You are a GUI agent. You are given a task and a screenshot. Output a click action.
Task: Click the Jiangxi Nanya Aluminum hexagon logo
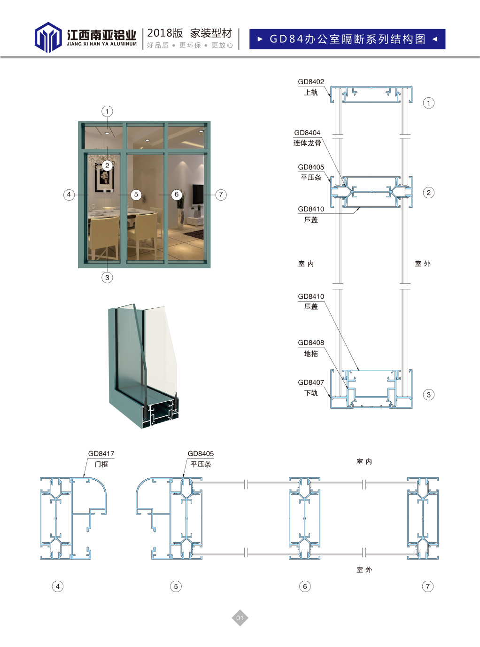click(x=48, y=37)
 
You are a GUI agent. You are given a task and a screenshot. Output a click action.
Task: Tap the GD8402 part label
click(x=311, y=82)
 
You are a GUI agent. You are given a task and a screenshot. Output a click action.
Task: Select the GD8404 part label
click(x=307, y=133)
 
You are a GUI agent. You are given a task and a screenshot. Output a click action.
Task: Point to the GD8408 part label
click(x=311, y=343)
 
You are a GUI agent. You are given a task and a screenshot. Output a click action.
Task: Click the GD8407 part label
click(x=311, y=382)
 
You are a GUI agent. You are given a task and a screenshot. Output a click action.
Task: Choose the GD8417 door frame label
click(x=101, y=454)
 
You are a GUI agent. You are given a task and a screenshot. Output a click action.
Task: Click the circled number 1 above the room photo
click(x=107, y=111)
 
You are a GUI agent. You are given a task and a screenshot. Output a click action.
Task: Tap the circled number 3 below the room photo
click(x=107, y=278)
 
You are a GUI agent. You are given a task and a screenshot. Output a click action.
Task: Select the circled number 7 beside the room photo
click(x=221, y=195)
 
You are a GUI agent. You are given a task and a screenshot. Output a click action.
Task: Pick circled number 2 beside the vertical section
click(x=428, y=193)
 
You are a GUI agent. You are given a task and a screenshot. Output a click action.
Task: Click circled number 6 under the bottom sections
click(x=305, y=586)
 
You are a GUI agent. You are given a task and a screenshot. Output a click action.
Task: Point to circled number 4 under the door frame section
click(x=58, y=586)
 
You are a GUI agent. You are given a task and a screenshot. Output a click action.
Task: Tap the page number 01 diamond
click(x=240, y=618)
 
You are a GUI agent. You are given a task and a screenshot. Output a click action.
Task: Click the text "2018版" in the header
click(x=165, y=33)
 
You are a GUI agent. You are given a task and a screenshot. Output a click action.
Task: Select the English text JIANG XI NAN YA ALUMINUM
click(x=101, y=44)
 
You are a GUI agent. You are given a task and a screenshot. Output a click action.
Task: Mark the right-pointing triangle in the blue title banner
click(x=260, y=39)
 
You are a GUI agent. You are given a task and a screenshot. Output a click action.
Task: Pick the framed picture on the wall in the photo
click(x=104, y=179)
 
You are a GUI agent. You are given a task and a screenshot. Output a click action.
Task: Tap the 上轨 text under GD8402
click(x=311, y=93)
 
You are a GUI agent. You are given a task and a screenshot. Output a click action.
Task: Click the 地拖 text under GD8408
click(x=311, y=354)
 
